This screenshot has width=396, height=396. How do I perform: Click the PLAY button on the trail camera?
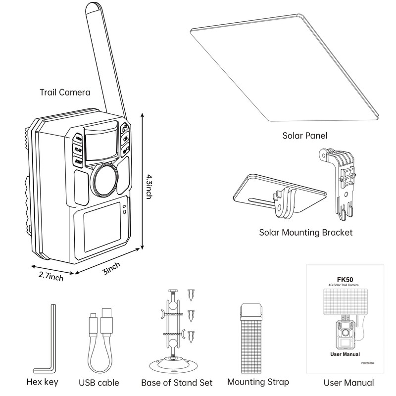pyautogui.click(x=78, y=148)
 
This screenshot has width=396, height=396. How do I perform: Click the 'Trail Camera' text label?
pyautogui.click(x=65, y=92)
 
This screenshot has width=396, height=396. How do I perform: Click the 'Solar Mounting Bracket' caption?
pyautogui.click(x=306, y=232)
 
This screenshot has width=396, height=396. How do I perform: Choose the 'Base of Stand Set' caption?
pyautogui.click(x=177, y=383)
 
